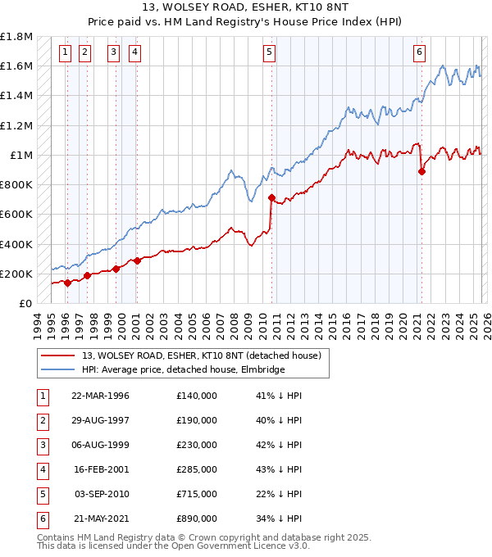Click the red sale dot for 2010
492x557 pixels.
point(271,197)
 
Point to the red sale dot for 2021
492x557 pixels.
point(421,171)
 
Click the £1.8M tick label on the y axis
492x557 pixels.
point(16,37)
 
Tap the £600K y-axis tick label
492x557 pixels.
point(16,215)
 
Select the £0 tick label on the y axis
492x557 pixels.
point(25,303)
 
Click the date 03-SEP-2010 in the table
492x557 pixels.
point(100,494)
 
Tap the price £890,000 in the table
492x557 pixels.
point(196,519)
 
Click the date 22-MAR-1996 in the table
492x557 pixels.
point(100,396)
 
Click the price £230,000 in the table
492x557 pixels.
point(196,445)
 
